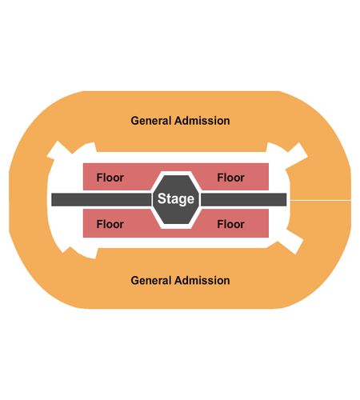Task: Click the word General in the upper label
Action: click(151, 121)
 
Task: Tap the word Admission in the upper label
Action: click(202, 121)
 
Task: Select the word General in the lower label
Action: click(151, 281)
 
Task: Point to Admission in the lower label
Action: click(202, 281)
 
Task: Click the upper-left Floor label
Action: click(110, 178)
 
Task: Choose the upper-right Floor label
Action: click(231, 178)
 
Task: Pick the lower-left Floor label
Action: click(110, 224)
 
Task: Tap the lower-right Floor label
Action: click(231, 224)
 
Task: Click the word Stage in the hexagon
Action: click(176, 199)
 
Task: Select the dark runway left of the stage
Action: click(101, 200)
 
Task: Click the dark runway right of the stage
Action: click(243, 200)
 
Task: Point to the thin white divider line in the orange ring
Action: click(321, 200)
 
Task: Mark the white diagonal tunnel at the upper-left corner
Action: click(59, 150)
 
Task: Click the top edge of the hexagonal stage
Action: click(176, 176)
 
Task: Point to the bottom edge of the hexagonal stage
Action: click(176, 223)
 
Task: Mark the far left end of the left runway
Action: click(51, 200)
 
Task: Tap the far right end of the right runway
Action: click(286, 200)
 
